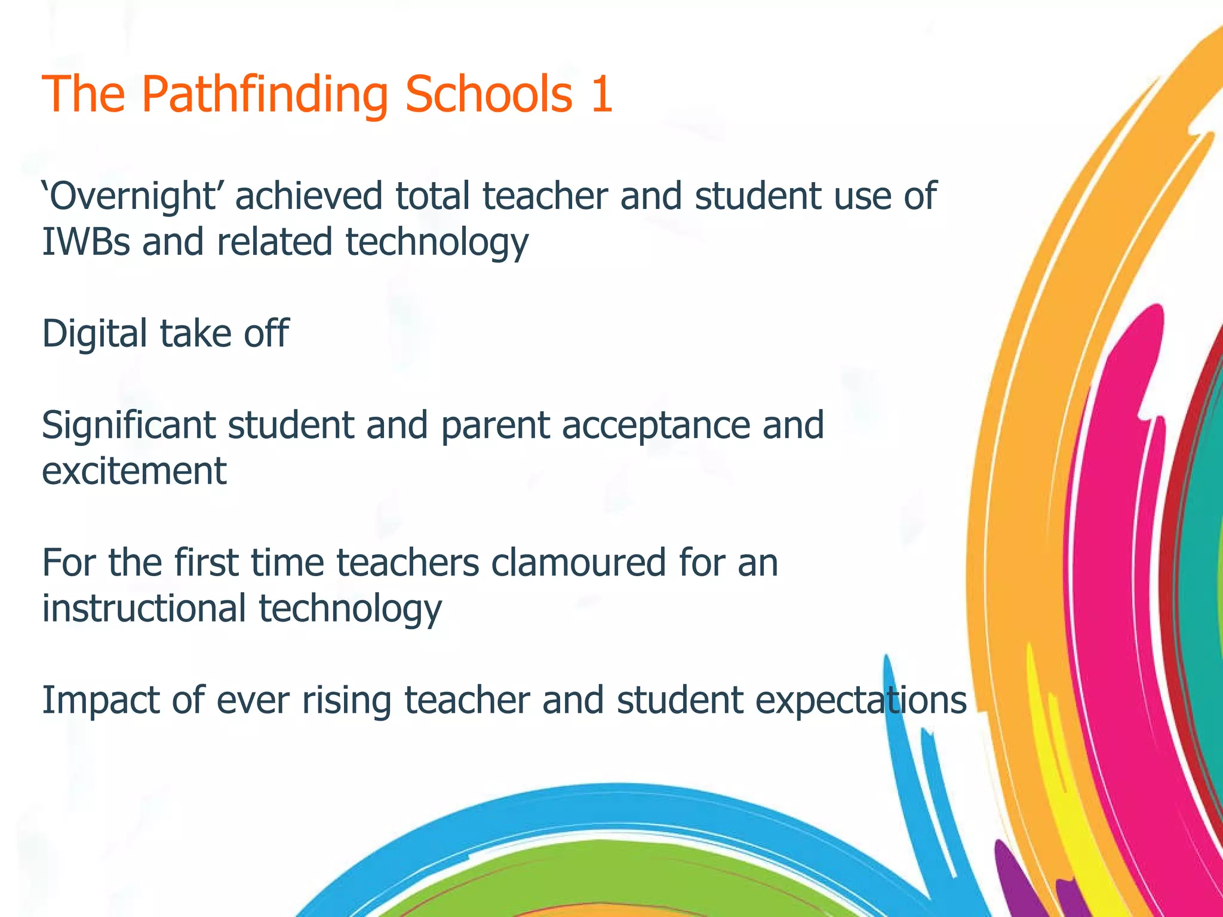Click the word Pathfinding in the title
click(265, 96)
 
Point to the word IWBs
click(85, 242)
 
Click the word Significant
click(128, 426)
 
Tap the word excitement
click(134, 471)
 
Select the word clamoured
click(578, 563)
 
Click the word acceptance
click(655, 426)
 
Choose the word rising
click(346, 701)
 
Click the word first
click(207, 563)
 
